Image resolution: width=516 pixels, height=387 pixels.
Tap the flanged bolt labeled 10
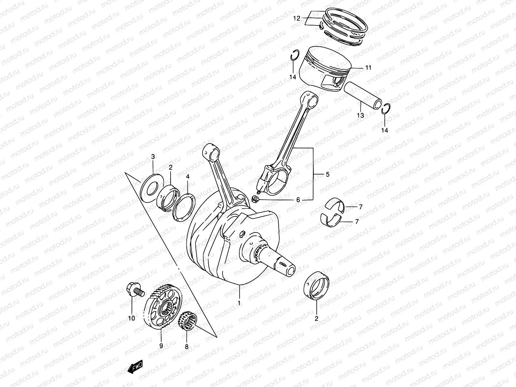click(134, 288)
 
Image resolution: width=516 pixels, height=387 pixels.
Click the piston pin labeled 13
click(362, 95)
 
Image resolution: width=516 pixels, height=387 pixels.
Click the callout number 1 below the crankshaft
click(239, 303)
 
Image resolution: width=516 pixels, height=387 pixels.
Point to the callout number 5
click(327, 174)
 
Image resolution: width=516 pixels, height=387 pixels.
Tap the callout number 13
click(360, 115)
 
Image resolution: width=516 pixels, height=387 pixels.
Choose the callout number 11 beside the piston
click(368, 68)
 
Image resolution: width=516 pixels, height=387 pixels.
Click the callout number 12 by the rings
click(296, 18)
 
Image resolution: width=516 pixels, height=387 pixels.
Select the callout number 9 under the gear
click(161, 346)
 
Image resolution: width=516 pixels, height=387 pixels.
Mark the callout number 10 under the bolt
click(131, 318)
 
